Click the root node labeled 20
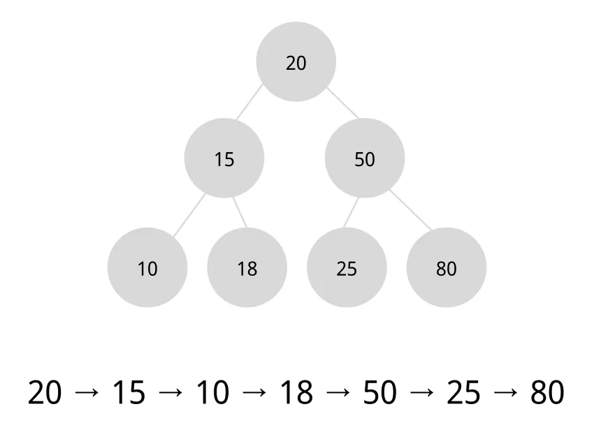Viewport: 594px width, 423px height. [296, 62]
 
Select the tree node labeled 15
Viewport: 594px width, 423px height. [224, 158]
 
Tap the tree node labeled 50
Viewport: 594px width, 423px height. [364, 158]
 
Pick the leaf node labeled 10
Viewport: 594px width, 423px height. [147, 268]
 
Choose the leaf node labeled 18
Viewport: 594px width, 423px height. [247, 268]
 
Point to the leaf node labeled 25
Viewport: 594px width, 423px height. [347, 268]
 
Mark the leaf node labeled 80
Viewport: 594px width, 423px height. [446, 268]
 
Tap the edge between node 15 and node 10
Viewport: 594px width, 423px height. [189, 214]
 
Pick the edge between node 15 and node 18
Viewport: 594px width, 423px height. [240, 213]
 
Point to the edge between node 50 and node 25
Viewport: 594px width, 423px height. [352, 212]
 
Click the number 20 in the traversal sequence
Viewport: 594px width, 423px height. [45, 393]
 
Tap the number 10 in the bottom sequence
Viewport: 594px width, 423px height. [212, 393]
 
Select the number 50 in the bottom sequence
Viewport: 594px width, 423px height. [380, 393]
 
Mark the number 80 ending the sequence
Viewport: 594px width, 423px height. [547, 393]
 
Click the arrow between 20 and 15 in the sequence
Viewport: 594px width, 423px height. [87, 393]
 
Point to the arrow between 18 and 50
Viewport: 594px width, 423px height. [338, 393]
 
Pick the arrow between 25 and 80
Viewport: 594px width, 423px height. [505, 393]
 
